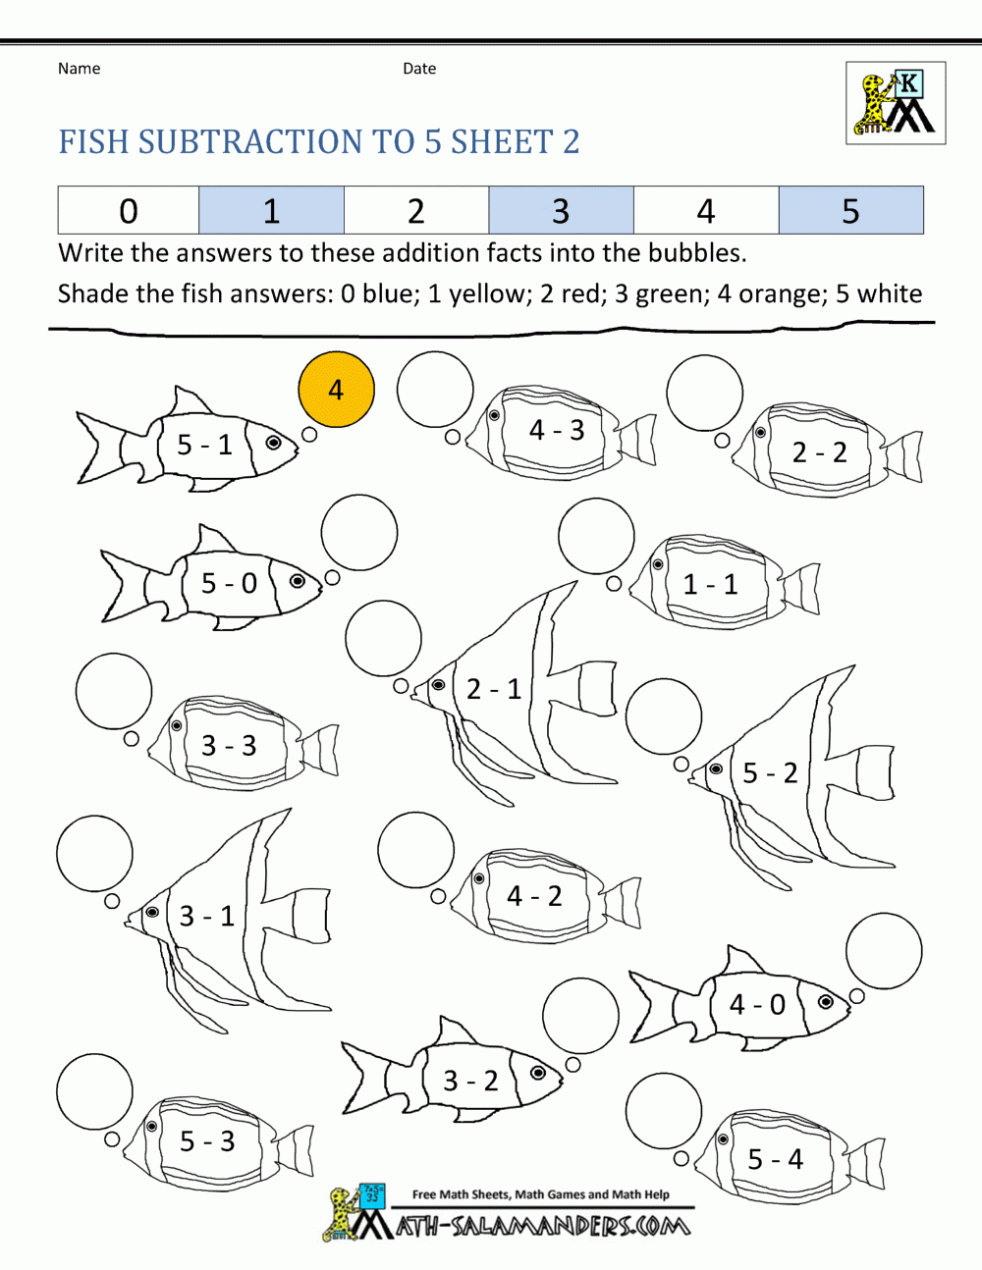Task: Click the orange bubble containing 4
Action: [336, 390]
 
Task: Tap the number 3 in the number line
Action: [561, 211]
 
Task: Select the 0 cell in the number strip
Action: [129, 210]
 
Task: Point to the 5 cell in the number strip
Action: [851, 210]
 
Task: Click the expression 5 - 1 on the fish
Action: [204, 445]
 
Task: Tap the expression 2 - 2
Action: [819, 452]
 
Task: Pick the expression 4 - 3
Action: [557, 430]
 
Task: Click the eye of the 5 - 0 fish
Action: [298, 581]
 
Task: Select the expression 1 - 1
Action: [710, 584]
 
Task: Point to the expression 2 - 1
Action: [493, 689]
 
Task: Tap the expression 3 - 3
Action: [229, 746]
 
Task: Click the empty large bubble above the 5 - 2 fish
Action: [664, 716]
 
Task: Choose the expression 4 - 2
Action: [534, 896]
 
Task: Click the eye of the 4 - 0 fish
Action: [825, 1001]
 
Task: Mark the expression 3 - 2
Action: [470, 1081]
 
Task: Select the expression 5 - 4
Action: [775, 1158]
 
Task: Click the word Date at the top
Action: [419, 69]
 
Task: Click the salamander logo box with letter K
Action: [896, 103]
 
